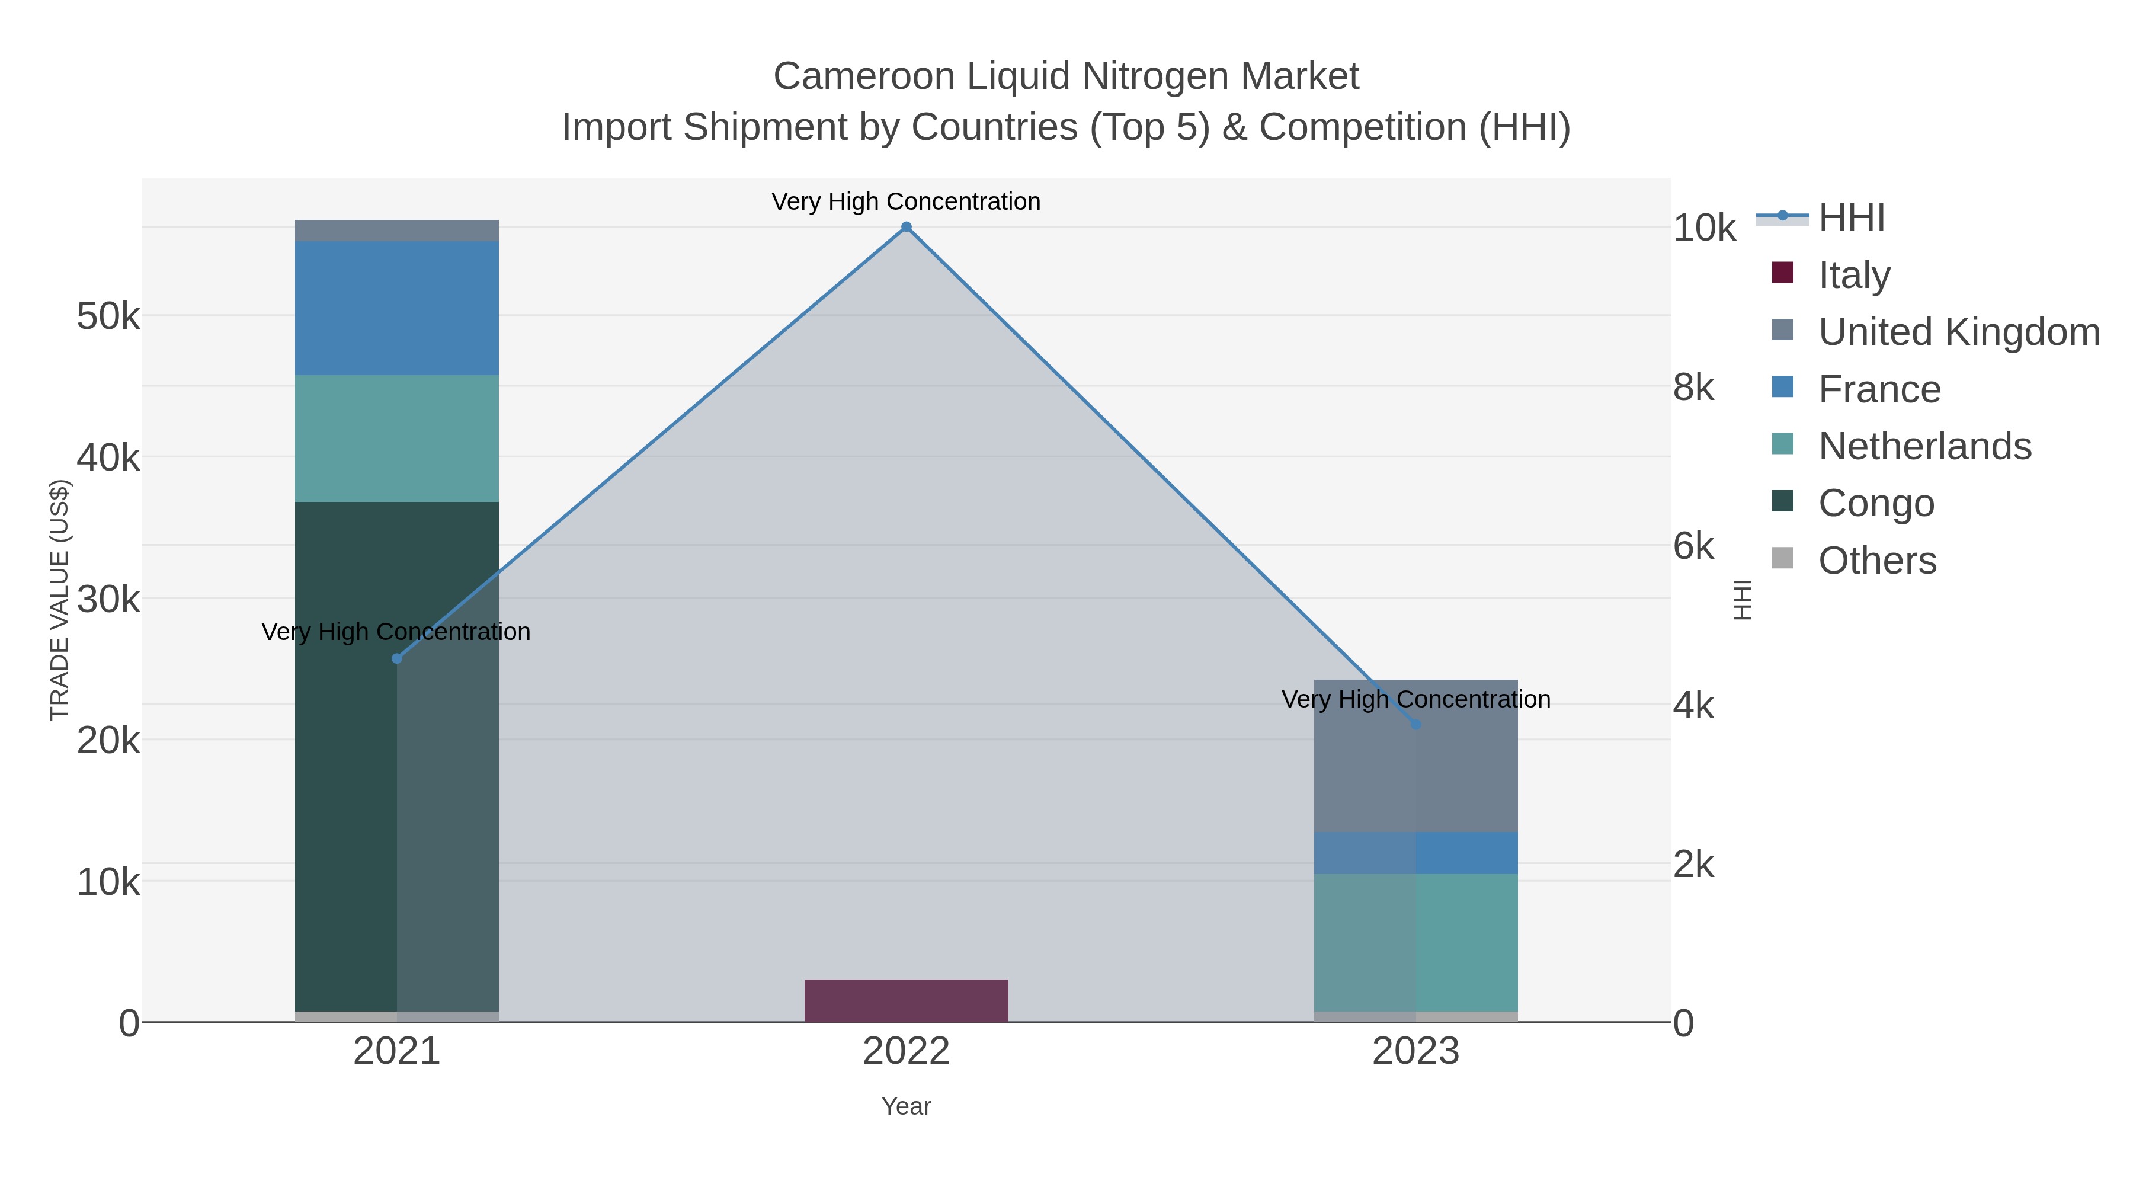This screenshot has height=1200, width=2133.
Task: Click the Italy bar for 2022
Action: click(906, 1000)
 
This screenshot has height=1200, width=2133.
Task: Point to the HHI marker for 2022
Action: click(906, 227)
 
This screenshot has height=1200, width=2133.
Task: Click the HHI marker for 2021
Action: click(396, 658)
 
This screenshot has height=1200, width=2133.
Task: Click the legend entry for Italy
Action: click(1854, 275)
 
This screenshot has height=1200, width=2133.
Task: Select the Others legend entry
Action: click(1877, 561)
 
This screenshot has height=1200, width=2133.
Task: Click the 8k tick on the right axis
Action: click(1693, 388)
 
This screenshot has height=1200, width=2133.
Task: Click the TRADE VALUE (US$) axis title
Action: click(60, 600)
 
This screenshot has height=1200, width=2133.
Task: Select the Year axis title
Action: click(906, 1106)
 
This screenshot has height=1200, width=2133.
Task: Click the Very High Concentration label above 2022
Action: click(906, 201)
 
